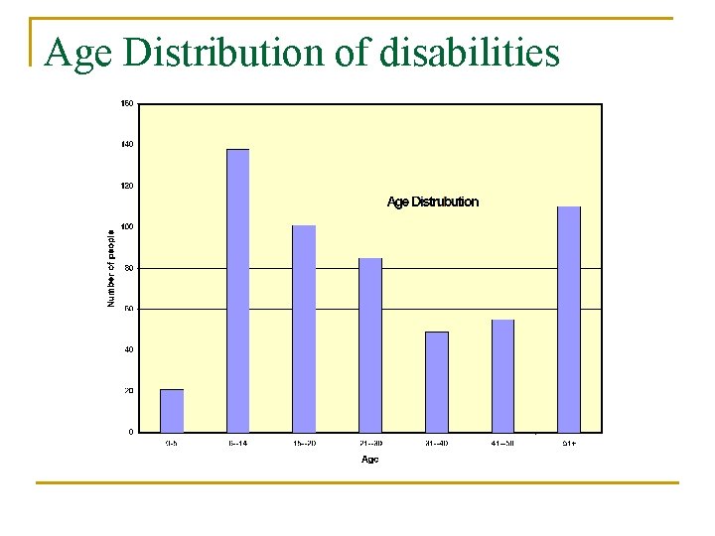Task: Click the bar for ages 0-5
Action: [x=172, y=410]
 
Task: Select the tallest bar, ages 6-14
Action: [x=238, y=290]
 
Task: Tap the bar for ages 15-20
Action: [x=304, y=329]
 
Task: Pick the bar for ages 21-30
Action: [x=370, y=344]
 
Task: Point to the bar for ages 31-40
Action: [x=437, y=381]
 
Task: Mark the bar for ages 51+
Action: [x=569, y=319]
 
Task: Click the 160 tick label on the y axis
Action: [x=127, y=104]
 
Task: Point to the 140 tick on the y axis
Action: [x=127, y=145]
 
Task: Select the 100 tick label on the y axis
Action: [x=127, y=227]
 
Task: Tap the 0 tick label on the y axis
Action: [x=130, y=432]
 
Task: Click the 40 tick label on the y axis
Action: [x=128, y=349]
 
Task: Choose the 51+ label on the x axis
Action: [x=569, y=443]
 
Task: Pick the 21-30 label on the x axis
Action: [x=370, y=443]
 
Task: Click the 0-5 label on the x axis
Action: [x=172, y=443]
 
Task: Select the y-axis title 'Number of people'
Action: [x=111, y=268]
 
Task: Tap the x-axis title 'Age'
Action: [x=370, y=460]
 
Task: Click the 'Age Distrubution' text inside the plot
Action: [x=432, y=202]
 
